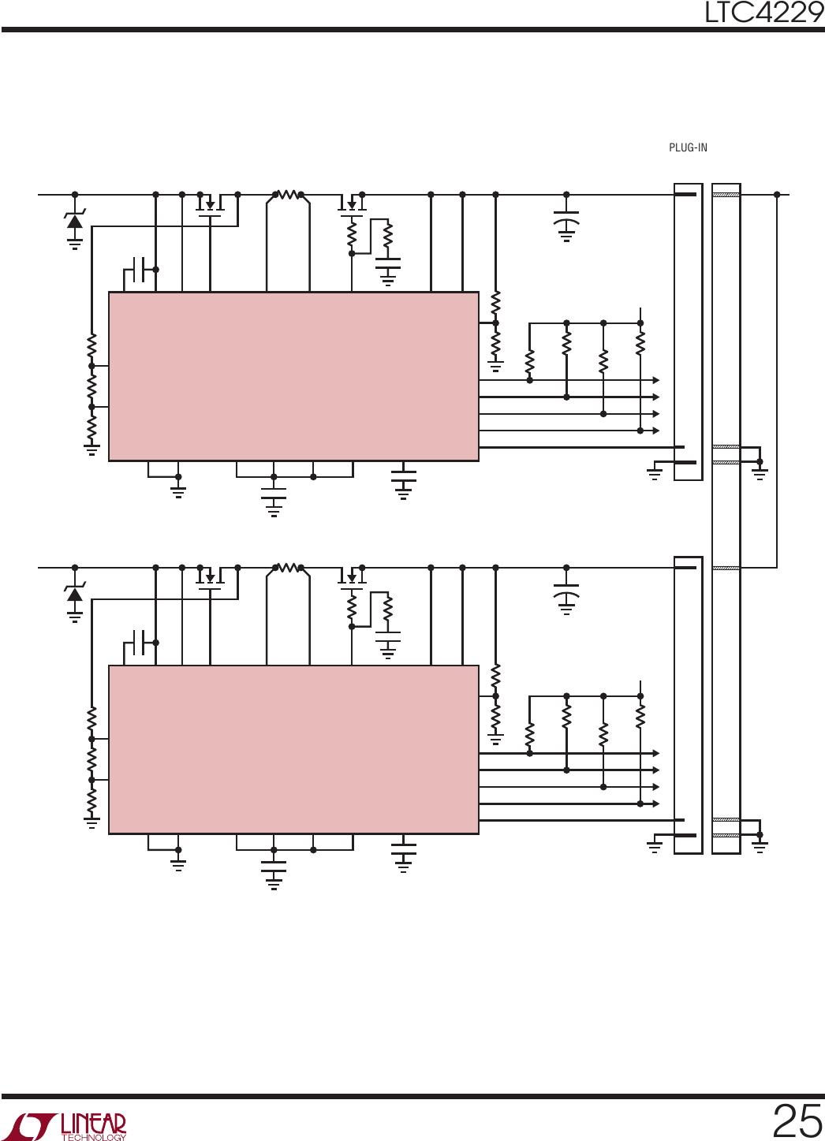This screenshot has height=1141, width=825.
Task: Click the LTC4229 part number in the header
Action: pos(763,13)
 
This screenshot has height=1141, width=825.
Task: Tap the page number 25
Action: pos(797,1121)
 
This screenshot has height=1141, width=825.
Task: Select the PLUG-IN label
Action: pos(688,147)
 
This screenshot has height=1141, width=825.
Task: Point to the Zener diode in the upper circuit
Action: pos(75,221)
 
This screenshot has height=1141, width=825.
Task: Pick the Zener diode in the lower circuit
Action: pos(75,594)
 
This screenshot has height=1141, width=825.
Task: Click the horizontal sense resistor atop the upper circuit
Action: pos(288,194)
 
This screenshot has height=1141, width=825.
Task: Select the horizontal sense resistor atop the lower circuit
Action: pos(288,567)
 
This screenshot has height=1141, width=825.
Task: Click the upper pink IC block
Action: pos(293,376)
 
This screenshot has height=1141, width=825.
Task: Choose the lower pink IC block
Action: pos(293,749)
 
